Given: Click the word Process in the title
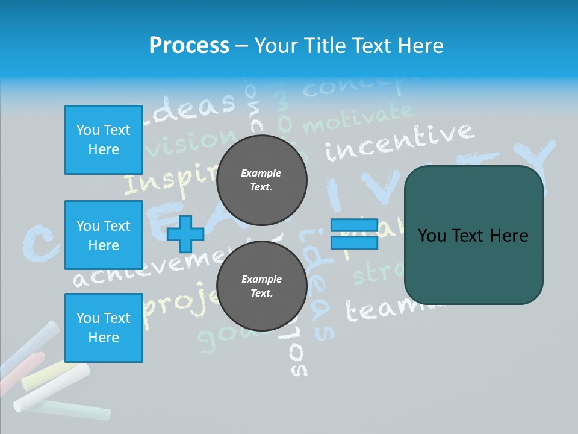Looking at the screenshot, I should [x=189, y=46].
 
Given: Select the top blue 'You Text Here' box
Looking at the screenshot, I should [x=104, y=140].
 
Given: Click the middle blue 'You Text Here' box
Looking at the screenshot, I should [x=104, y=235].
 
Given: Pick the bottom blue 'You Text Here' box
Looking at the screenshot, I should [x=104, y=328].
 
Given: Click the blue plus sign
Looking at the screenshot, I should [x=185, y=234].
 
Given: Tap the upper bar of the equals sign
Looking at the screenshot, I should [x=354, y=225].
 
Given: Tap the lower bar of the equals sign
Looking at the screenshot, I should [x=354, y=242].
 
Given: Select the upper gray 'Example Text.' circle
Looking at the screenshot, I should [x=261, y=180].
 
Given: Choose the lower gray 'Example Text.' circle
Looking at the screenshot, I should [x=261, y=286].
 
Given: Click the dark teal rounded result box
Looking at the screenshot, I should [x=473, y=235].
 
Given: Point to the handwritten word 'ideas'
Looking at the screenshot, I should [x=193, y=107].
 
